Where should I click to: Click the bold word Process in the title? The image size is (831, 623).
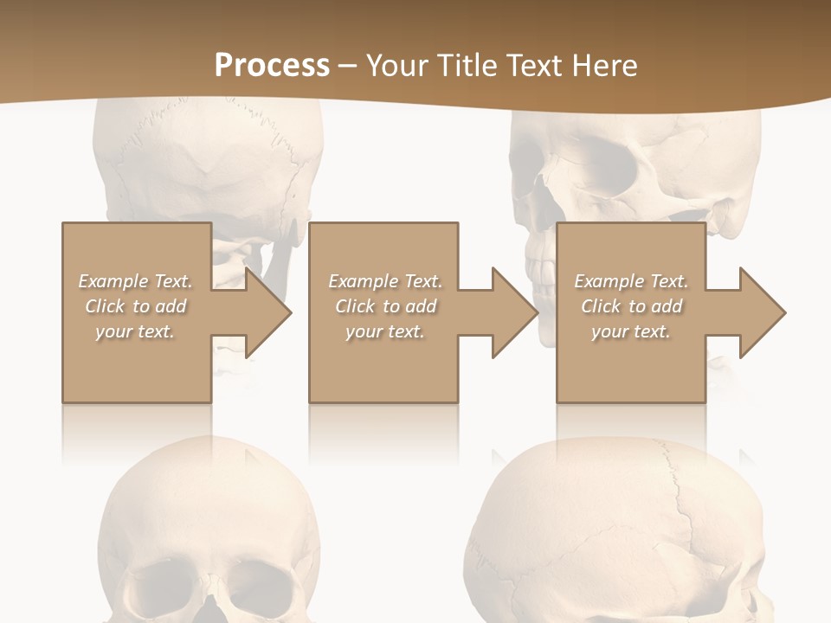tap(272, 66)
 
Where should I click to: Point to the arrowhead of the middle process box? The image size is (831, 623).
tap(513, 312)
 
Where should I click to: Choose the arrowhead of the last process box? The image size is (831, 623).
tap(761, 312)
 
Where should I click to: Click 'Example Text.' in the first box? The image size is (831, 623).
tap(135, 281)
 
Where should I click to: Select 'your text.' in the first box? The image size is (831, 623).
tap(135, 331)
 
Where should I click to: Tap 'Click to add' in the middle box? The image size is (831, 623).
tap(385, 306)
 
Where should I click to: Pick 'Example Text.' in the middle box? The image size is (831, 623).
tap(385, 281)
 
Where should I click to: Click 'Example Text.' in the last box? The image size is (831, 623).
tap(631, 281)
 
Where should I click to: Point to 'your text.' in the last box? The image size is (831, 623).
tap(631, 331)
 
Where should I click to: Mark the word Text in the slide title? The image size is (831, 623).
tap(531, 66)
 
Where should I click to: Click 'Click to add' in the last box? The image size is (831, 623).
tap(631, 306)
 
